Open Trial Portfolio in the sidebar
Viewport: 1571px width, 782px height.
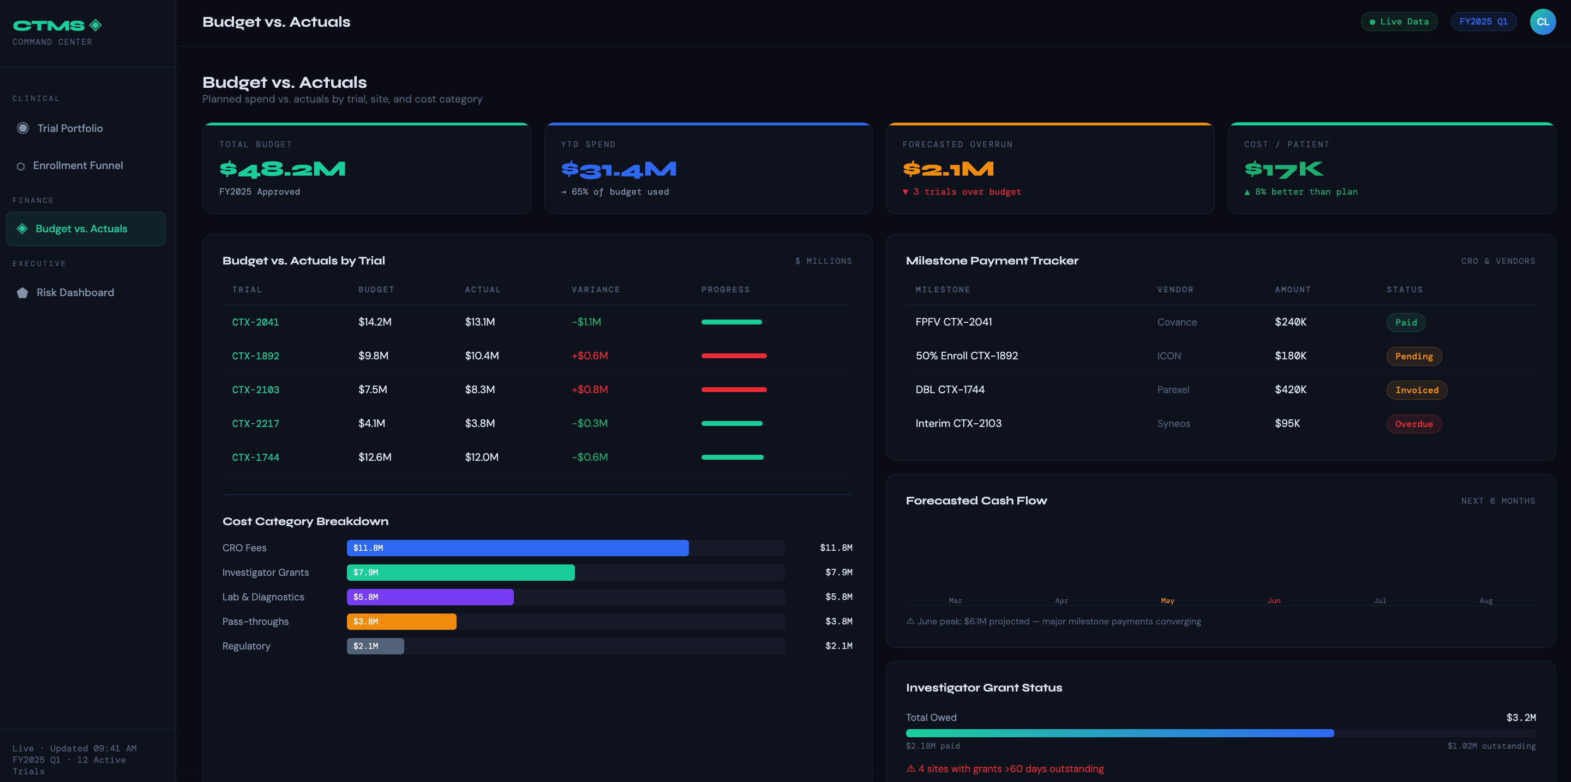(x=69, y=128)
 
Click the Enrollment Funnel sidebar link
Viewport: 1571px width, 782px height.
(x=77, y=165)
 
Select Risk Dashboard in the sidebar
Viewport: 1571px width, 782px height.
(x=75, y=292)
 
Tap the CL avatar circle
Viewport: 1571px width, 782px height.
(x=1542, y=21)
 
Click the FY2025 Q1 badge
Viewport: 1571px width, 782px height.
(x=1483, y=21)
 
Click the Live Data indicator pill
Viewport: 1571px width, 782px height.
(x=1399, y=21)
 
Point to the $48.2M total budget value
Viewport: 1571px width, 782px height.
(x=283, y=169)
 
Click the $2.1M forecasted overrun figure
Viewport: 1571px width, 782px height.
(x=949, y=169)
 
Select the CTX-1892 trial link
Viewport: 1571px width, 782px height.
(x=255, y=356)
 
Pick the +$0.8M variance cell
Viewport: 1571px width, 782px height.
(x=589, y=389)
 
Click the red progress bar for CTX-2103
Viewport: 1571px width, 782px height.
(x=734, y=389)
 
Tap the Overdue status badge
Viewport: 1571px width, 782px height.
(x=1414, y=424)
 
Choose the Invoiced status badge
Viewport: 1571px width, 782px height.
(x=1416, y=390)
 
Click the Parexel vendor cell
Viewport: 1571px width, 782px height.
(x=1173, y=390)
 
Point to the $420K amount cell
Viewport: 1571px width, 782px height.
(x=1291, y=389)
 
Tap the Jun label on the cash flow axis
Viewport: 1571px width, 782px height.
(x=1273, y=601)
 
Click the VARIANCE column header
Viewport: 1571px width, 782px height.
(x=595, y=290)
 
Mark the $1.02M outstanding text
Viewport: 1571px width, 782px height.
(x=1491, y=746)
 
